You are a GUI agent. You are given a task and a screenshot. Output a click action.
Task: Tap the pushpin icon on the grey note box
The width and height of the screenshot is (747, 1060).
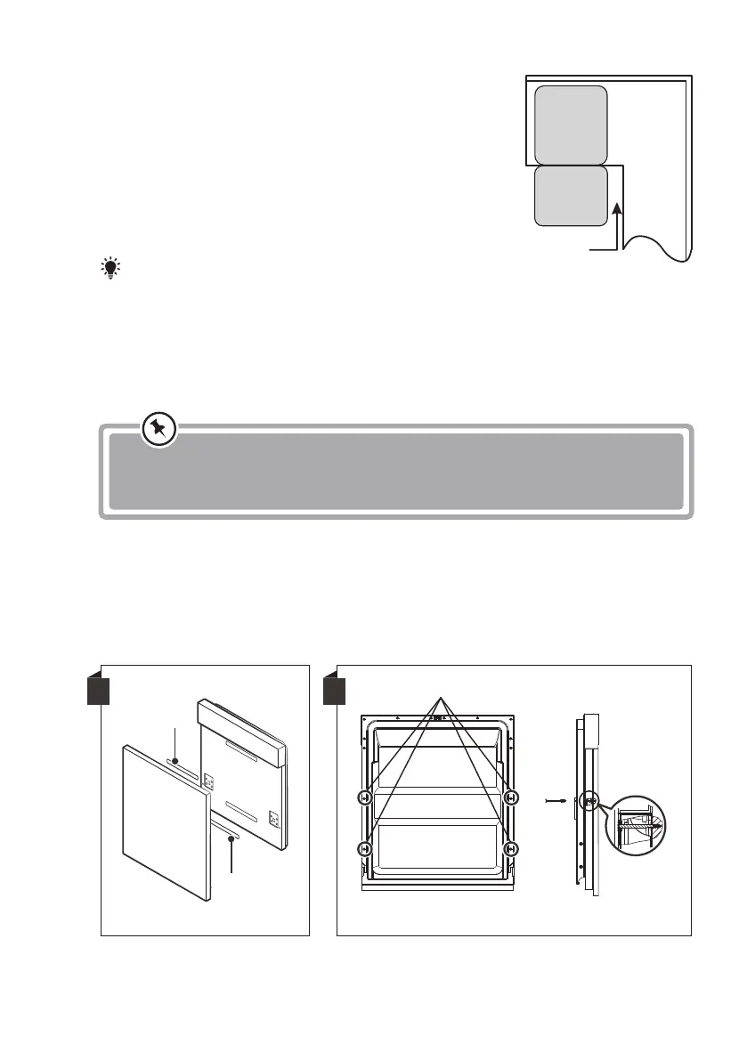[x=159, y=431]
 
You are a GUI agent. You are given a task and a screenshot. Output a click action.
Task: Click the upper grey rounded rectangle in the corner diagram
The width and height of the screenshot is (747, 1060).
[x=571, y=124]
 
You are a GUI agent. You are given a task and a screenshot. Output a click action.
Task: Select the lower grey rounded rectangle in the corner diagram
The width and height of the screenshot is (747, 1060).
[x=571, y=195]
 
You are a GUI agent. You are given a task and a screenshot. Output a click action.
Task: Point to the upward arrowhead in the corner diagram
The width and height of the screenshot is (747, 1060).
[x=615, y=210]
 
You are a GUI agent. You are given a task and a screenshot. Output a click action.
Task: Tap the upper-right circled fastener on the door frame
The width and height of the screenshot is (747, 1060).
[x=510, y=797]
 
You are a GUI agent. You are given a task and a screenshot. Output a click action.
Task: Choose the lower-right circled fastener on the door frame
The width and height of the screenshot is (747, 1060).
[x=510, y=849]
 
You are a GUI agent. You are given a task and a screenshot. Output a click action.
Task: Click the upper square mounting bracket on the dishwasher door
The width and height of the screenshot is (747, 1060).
[x=210, y=781]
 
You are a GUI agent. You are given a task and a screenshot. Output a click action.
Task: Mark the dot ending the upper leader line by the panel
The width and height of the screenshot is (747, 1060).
[x=176, y=762]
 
